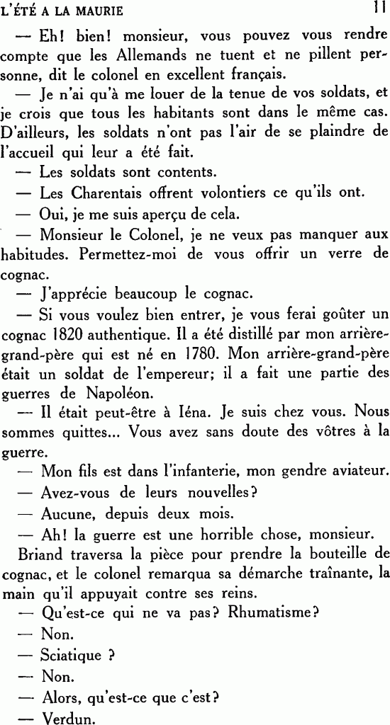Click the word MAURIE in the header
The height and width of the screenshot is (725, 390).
[x=98, y=11]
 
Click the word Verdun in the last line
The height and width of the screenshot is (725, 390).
[x=68, y=717]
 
